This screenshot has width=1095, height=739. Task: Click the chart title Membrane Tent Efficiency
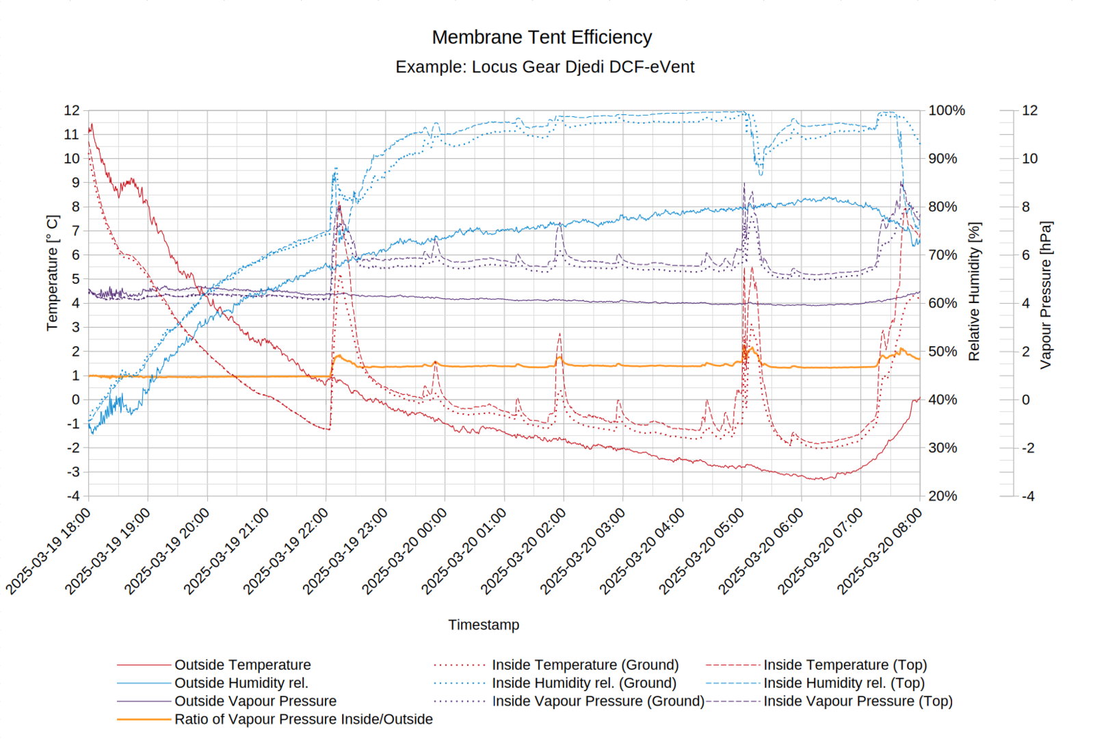click(542, 37)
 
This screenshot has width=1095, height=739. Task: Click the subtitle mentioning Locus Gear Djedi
click(544, 67)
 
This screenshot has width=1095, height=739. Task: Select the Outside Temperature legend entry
click(242, 664)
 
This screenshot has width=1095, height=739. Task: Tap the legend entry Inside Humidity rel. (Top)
click(843, 683)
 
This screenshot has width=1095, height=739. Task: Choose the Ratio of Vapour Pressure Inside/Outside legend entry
click(303, 719)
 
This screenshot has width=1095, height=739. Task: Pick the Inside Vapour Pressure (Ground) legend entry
click(598, 701)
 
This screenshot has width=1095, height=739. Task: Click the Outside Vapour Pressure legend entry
click(255, 701)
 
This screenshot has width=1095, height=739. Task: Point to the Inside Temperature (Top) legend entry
click(845, 664)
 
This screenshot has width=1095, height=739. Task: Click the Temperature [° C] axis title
click(53, 273)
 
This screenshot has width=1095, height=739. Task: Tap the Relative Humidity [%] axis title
click(974, 291)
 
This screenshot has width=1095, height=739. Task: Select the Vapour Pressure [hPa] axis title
click(1045, 295)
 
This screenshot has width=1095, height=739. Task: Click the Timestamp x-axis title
click(484, 625)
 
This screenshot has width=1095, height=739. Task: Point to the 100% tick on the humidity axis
click(947, 110)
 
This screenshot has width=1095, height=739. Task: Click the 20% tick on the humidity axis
click(942, 496)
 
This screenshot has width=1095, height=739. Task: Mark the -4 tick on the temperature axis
click(72, 496)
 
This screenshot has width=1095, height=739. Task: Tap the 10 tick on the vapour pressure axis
click(1029, 159)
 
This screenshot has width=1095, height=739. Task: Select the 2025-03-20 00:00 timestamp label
click(406, 551)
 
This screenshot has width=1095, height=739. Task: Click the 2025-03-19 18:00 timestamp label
click(49, 551)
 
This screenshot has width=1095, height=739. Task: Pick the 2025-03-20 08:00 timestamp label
click(881, 551)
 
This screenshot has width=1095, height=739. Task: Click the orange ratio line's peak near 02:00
click(559, 357)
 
